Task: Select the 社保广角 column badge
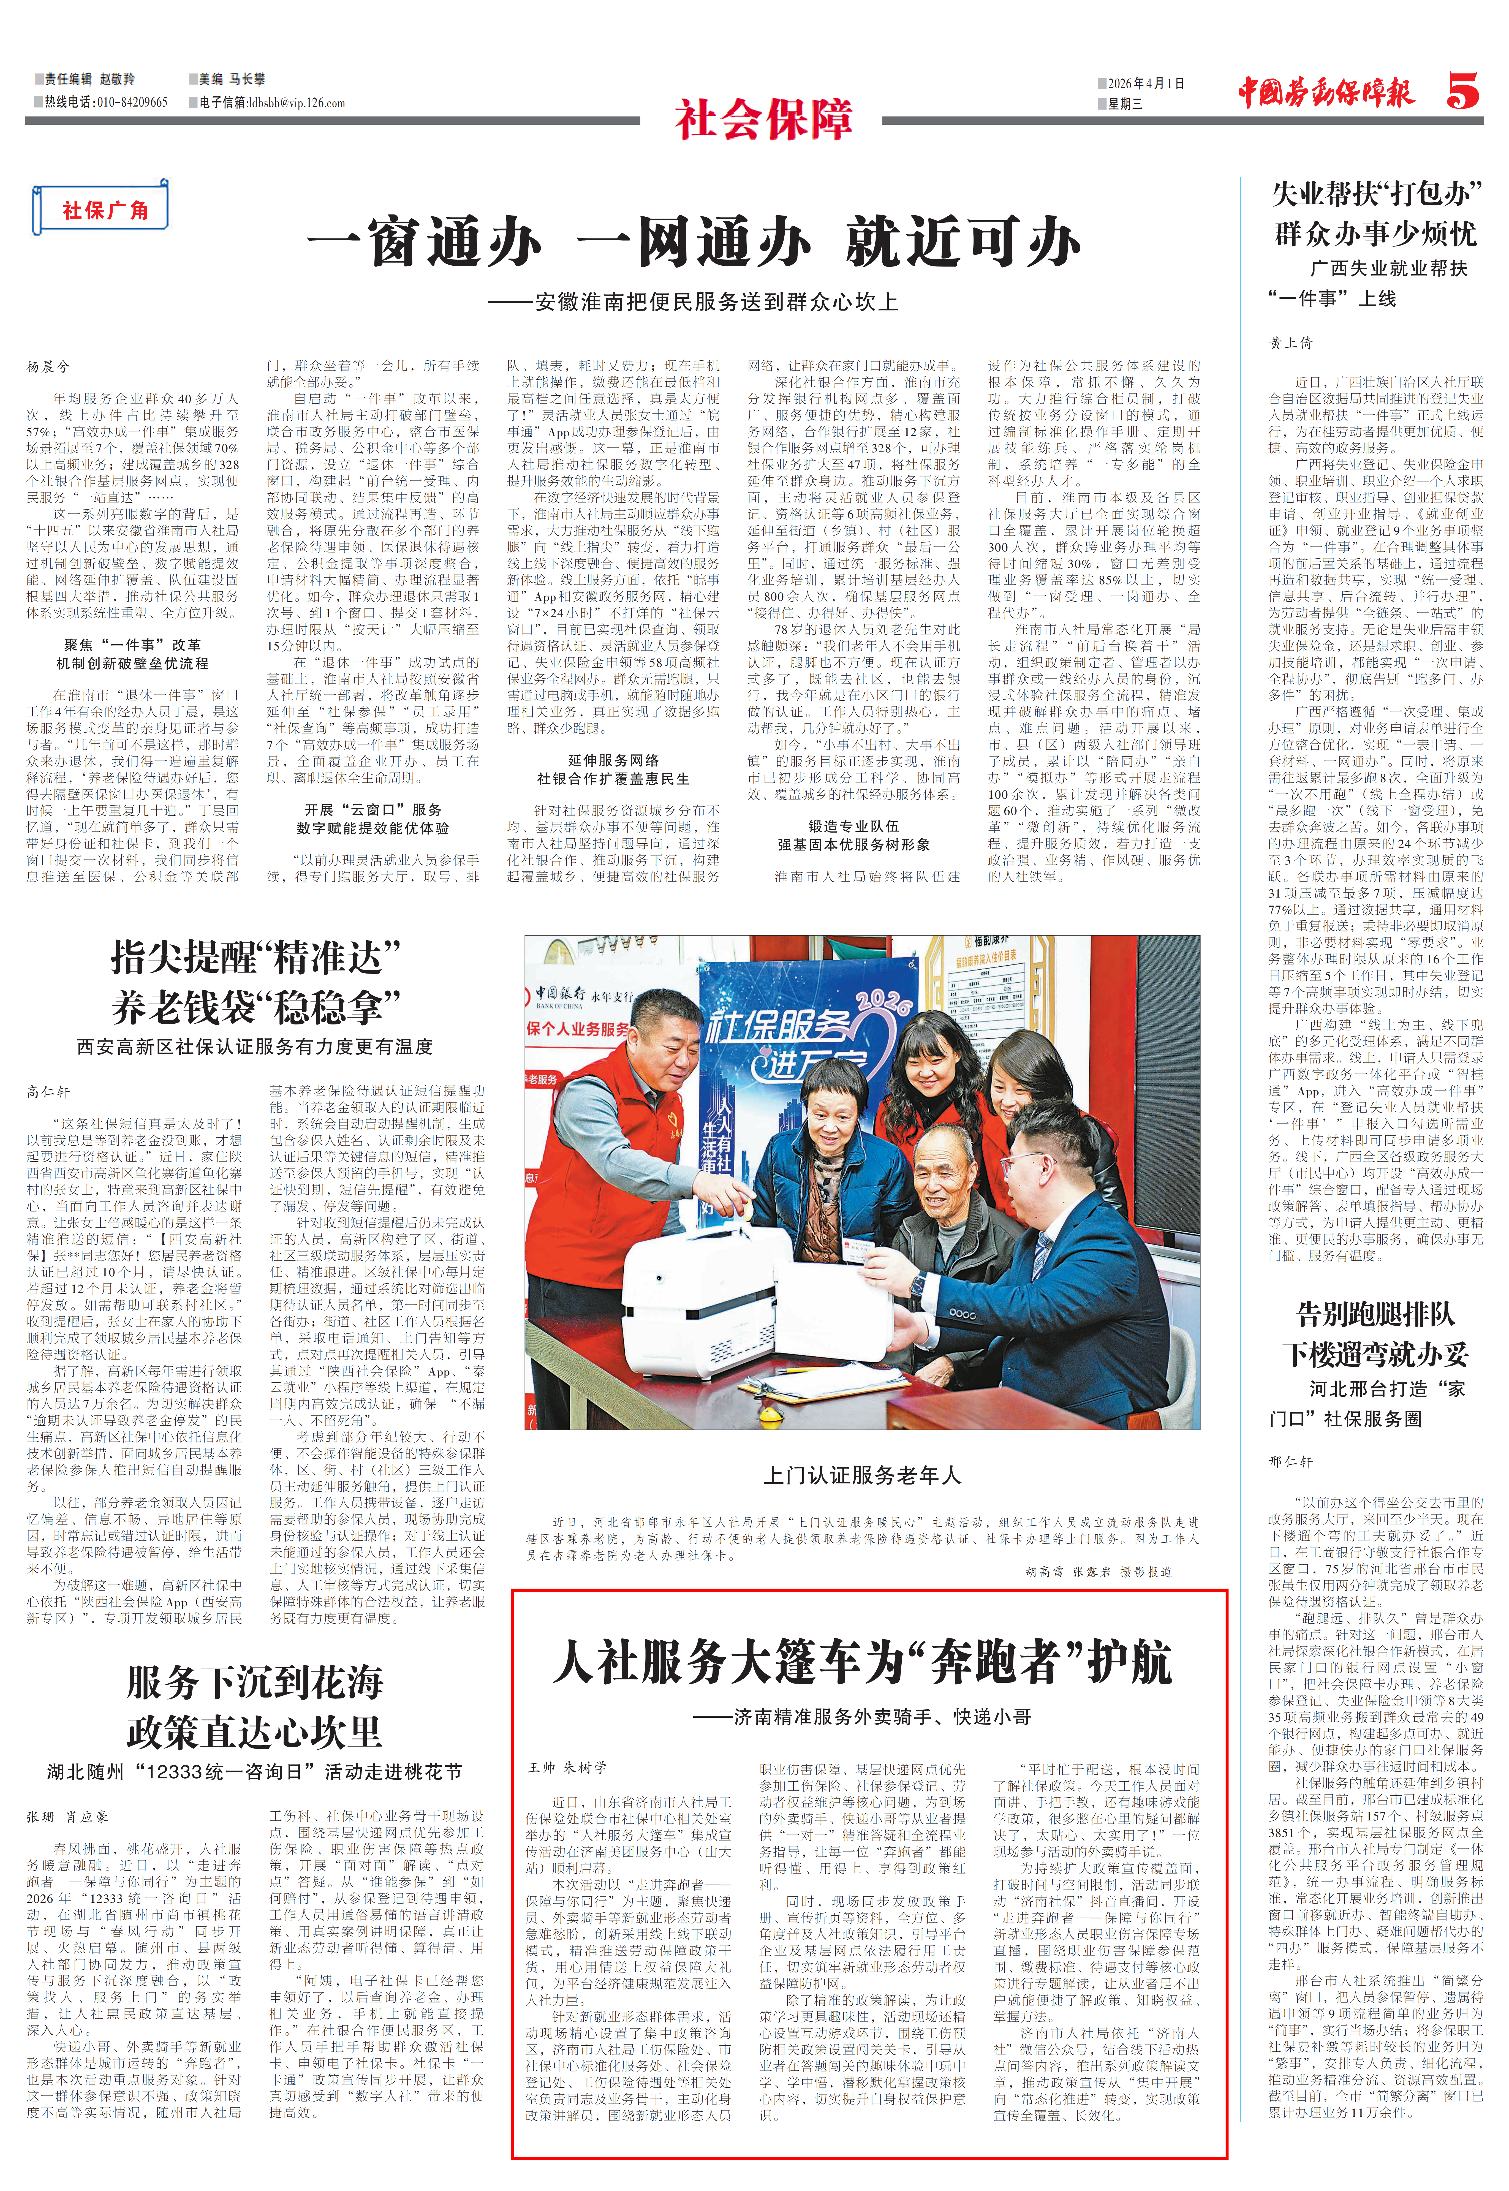point(104,210)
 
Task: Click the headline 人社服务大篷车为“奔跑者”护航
point(862,1662)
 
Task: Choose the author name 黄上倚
point(1291,343)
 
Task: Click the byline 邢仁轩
point(1291,1461)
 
